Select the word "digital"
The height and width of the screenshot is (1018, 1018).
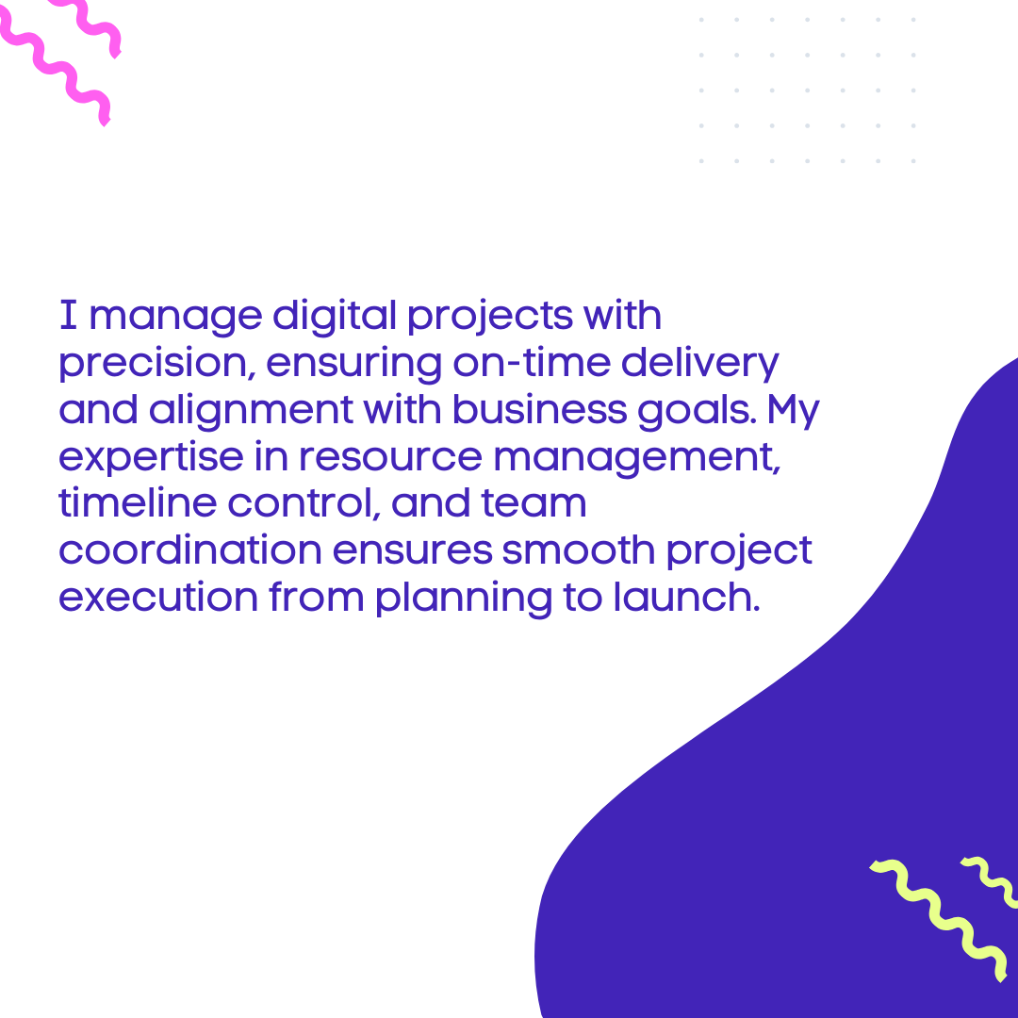pyautogui.click(x=335, y=316)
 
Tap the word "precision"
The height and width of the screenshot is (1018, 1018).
pyautogui.click(x=154, y=363)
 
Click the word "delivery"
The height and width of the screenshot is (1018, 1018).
pyautogui.click(x=699, y=364)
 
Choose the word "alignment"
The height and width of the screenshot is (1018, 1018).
pyautogui.click(x=251, y=411)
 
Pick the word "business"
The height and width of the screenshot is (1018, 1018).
pyautogui.click(x=539, y=410)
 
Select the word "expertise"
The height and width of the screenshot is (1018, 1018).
pyautogui.click(x=151, y=458)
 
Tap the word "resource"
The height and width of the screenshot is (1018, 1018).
pyautogui.click(x=390, y=457)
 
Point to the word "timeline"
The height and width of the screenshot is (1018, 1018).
pyautogui.click(x=138, y=503)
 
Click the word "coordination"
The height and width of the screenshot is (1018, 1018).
pyautogui.click(x=190, y=550)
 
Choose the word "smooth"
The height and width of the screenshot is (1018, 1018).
pyautogui.click(x=579, y=550)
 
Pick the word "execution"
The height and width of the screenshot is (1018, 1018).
pyautogui.click(x=158, y=597)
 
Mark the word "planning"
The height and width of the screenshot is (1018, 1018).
pyautogui.click(x=464, y=598)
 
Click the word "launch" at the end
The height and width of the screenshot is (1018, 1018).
pyautogui.click(x=683, y=597)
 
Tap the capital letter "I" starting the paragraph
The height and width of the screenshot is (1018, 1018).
pyautogui.click(x=69, y=315)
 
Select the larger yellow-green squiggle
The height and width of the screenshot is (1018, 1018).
pyautogui.click(x=939, y=917)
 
